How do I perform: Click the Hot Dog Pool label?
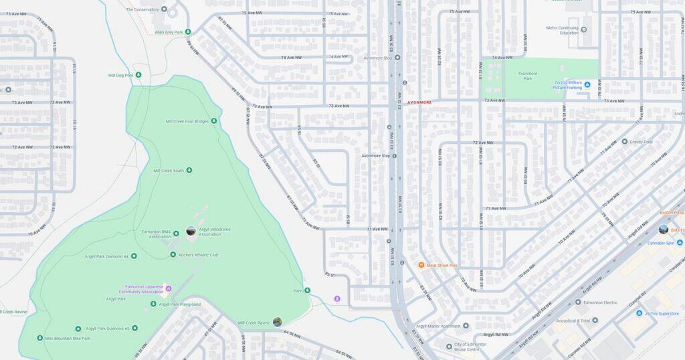[x=120, y=75]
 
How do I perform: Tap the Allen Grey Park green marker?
[x=188, y=31]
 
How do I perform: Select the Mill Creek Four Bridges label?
[x=187, y=121]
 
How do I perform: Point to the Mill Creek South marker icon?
[x=189, y=171]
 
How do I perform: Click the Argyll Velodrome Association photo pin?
[x=191, y=231]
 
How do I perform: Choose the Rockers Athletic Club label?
[x=199, y=255]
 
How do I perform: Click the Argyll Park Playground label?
[x=180, y=304]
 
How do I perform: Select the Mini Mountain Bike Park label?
[x=68, y=339]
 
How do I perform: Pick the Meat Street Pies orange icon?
[x=421, y=266]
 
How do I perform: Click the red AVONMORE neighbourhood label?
[x=419, y=102]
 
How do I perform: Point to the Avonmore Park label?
[x=528, y=76]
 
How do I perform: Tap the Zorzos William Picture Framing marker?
[x=587, y=84]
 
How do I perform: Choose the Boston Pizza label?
[x=671, y=213]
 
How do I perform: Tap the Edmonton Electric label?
[x=600, y=302]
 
